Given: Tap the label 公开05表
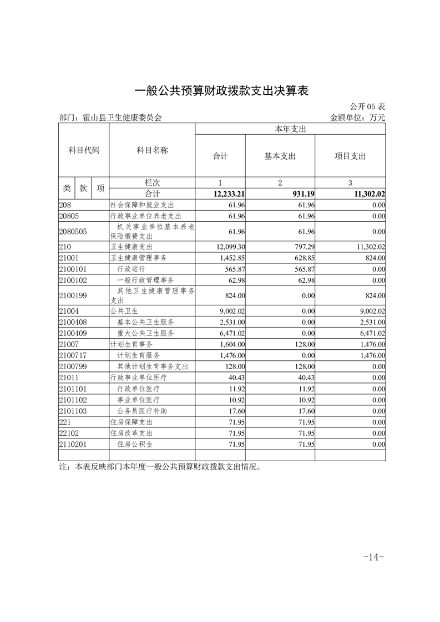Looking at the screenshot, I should pyautogui.click(x=367, y=106).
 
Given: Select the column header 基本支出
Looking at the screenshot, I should pyautogui.click(x=280, y=156).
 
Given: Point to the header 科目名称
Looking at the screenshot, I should pyautogui.click(x=152, y=150).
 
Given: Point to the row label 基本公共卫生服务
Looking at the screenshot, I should pyautogui.click(x=145, y=322).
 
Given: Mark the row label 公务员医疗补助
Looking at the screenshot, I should pyautogui.click(x=142, y=411).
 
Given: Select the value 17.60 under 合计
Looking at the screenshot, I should pyautogui.click(x=237, y=411).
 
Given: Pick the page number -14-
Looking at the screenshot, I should pyautogui.click(x=373, y=557).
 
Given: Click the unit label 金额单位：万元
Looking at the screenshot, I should pyautogui.click(x=357, y=118).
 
